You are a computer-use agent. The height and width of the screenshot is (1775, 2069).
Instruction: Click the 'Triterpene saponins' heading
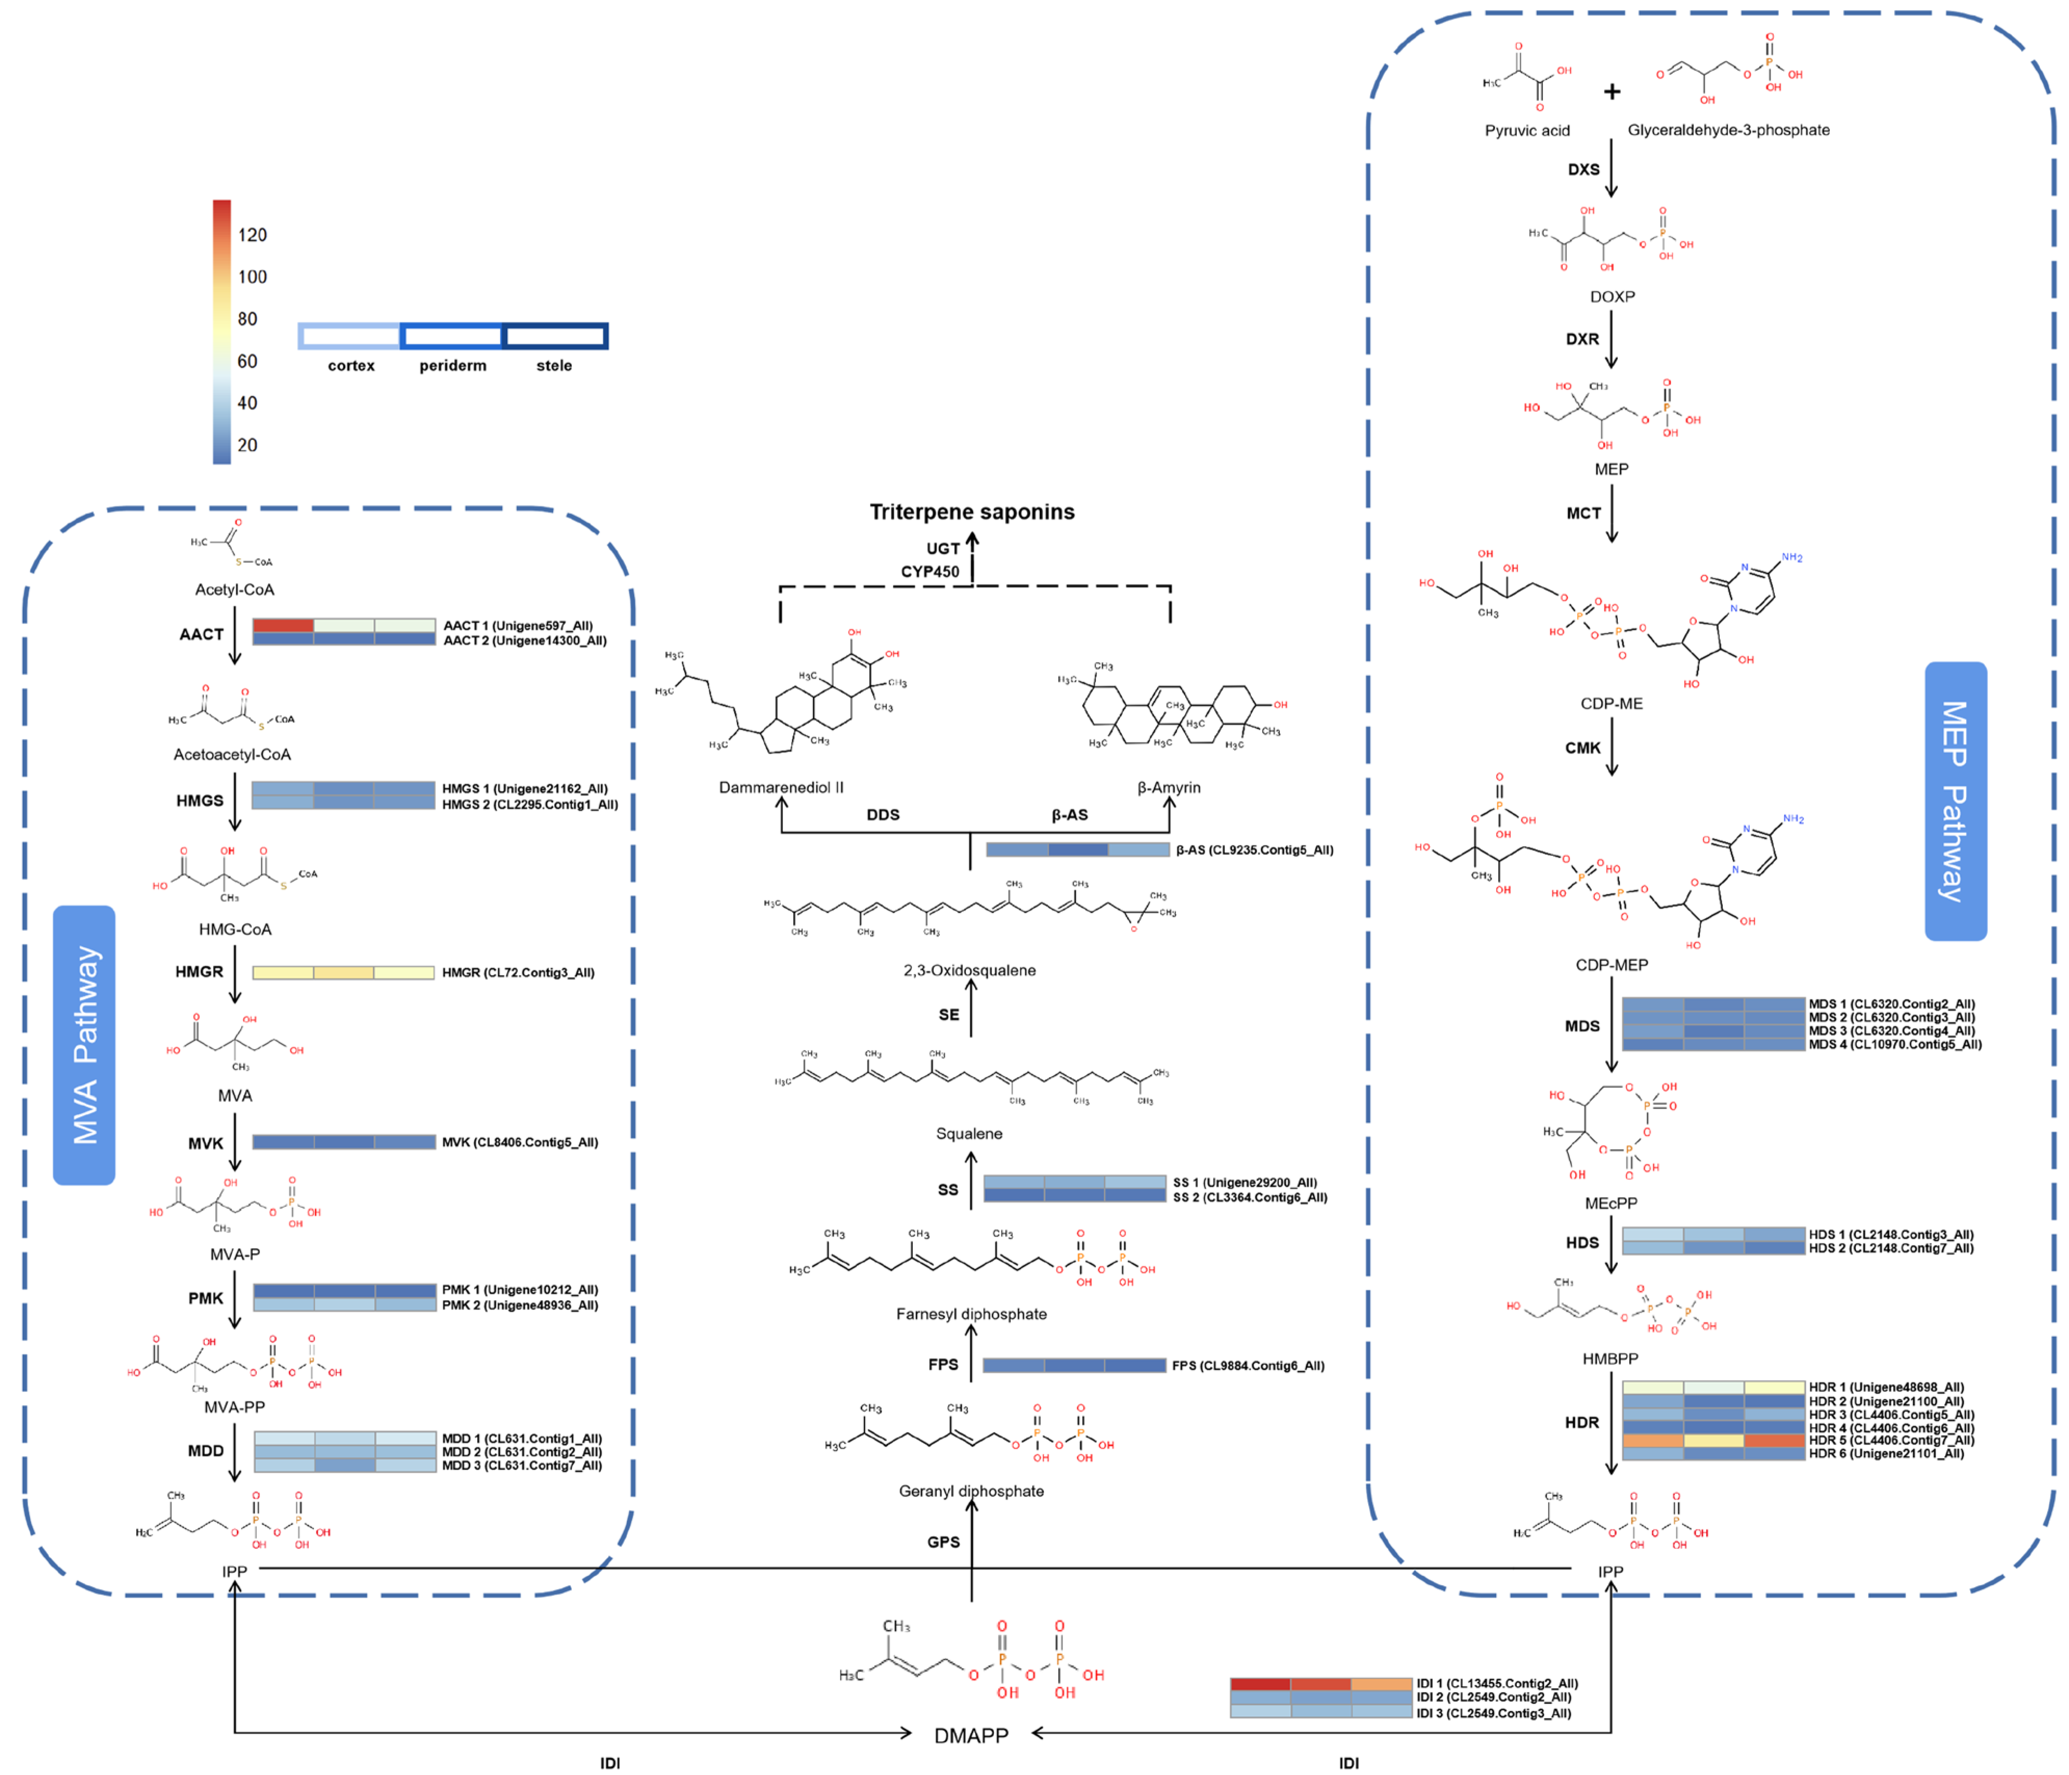pyautogui.click(x=972, y=512)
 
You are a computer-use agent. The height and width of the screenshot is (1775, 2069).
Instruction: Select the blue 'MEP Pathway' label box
pyautogui.click(x=1955, y=801)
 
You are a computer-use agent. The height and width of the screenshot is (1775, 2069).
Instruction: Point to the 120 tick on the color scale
pyautogui.click(x=252, y=235)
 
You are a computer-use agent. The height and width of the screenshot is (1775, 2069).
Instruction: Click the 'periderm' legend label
pyautogui.click(x=452, y=366)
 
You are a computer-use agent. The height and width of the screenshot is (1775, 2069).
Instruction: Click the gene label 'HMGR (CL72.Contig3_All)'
pyautogui.click(x=518, y=973)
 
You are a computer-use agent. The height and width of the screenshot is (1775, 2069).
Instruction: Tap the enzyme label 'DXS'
pyautogui.click(x=1583, y=170)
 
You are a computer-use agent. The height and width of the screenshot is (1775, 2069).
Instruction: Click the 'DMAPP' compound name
pyautogui.click(x=971, y=1735)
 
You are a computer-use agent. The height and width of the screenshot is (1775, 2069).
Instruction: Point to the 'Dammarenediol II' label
pyautogui.click(x=781, y=787)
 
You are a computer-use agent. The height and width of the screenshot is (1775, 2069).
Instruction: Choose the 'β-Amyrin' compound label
pyautogui.click(x=1168, y=787)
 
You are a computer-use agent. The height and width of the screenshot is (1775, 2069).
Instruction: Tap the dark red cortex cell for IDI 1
pyautogui.click(x=1260, y=1683)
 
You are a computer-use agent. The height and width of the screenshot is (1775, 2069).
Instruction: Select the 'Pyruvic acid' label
pyautogui.click(x=1527, y=131)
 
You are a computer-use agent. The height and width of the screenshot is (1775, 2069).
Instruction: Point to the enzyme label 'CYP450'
pyautogui.click(x=929, y=572)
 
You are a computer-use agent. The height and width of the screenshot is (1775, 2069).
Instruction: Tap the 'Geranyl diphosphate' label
pyautogui.click(x=971, y=1492)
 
